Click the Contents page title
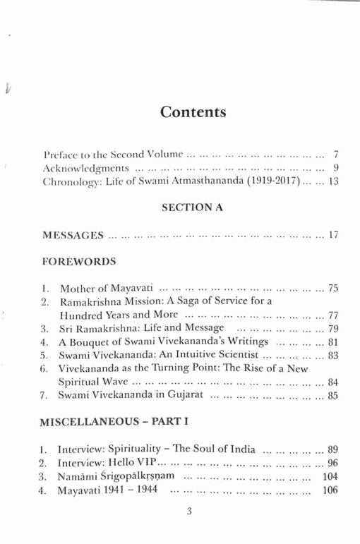193,111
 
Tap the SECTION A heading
192,207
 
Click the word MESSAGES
73,234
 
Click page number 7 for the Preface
337,153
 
